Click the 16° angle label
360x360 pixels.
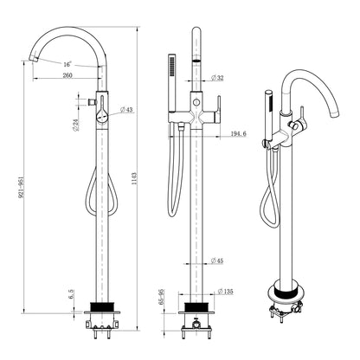point(67,64)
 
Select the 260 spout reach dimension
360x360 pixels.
point(67,75)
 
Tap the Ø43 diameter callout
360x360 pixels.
point(126,110)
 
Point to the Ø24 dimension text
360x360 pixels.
point(76,125)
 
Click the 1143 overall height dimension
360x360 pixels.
point(134,179)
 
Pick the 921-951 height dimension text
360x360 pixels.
point(21,187)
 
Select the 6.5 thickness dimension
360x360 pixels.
point(72,294)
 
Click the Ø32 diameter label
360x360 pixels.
point(217,78)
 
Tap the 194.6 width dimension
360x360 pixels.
point(239,133)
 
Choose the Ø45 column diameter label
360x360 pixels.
point(217,260)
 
